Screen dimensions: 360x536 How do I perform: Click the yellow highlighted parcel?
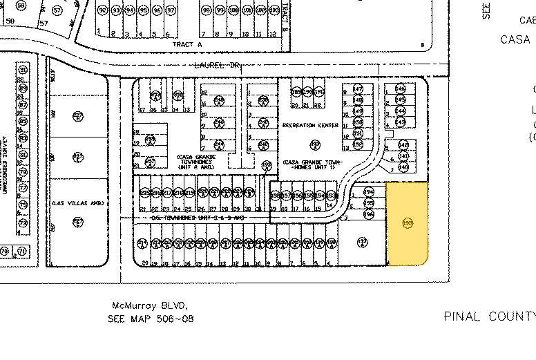point(408,223)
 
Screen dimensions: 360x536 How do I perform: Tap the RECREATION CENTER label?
point(311,125)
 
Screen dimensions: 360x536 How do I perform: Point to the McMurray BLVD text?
point(149,305)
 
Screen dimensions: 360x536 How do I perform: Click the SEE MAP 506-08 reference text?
point(151,319)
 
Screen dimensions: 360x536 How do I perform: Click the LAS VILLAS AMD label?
point(77,202)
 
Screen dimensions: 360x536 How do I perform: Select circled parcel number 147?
point(358,89)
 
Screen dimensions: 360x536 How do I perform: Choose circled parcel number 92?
point(103,11)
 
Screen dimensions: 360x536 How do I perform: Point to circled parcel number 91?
point(23,70)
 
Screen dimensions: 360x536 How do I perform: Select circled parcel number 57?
point(57,11)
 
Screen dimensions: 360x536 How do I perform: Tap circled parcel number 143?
point(401,121)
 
